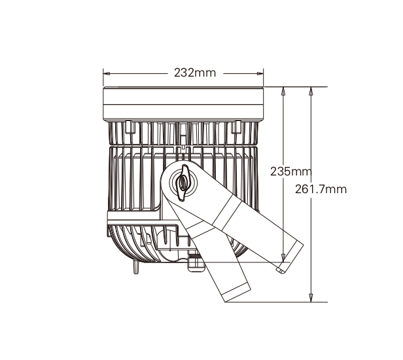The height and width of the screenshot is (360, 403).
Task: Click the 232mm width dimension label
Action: point(195,73)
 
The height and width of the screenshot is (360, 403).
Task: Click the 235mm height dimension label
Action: point(291,171)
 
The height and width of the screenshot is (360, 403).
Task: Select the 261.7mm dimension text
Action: point(321,189)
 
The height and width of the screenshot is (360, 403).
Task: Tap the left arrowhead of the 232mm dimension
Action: point(107,73)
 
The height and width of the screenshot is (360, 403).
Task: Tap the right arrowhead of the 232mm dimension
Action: point(260,73)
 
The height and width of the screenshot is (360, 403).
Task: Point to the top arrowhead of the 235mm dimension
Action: point(283,91)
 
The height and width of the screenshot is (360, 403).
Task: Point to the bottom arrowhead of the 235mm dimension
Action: point(283,258)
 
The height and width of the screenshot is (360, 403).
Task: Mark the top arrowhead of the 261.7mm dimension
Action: point(311,91)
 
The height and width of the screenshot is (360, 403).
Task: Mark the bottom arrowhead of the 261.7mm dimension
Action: point(311,298)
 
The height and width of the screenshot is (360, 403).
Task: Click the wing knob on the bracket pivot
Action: point(183,183)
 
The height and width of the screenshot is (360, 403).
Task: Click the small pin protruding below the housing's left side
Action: point(136,268)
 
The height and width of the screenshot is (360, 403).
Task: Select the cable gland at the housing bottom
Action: point(196,262)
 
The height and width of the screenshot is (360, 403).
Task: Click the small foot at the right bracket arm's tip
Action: point(280,270)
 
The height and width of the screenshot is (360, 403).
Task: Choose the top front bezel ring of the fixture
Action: point(183,103)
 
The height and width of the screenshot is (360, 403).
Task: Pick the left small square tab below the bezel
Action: point(130,127)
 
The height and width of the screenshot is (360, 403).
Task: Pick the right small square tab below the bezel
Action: point(236,127)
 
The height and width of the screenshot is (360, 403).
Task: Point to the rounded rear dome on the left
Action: point(133,244)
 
